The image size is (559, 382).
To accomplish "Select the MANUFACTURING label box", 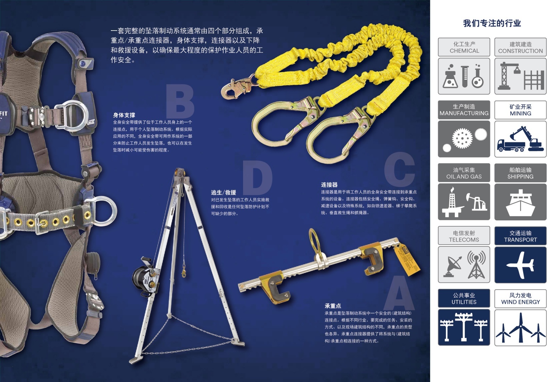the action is click(x=464, y=110).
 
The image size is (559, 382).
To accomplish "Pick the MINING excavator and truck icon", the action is click(x=520, y=139).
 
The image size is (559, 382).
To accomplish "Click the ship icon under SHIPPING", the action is click(x=520, y=203).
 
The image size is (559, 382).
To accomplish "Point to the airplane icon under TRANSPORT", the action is click(x=520, y=265).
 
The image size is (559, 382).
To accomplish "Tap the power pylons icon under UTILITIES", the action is click(x=464, y=327).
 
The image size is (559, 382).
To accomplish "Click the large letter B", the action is click(x=180, y=101).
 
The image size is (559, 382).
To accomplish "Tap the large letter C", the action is click(x=399, y=169).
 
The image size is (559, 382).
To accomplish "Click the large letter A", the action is click(x=399, y=293).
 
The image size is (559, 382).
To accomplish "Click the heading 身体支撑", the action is click(x=124, y=115).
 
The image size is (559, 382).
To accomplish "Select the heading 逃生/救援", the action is click(x=223, y=193).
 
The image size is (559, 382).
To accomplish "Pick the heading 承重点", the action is click(x=333, y=306).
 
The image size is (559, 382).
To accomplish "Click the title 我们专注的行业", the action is click(x=492, y=24).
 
